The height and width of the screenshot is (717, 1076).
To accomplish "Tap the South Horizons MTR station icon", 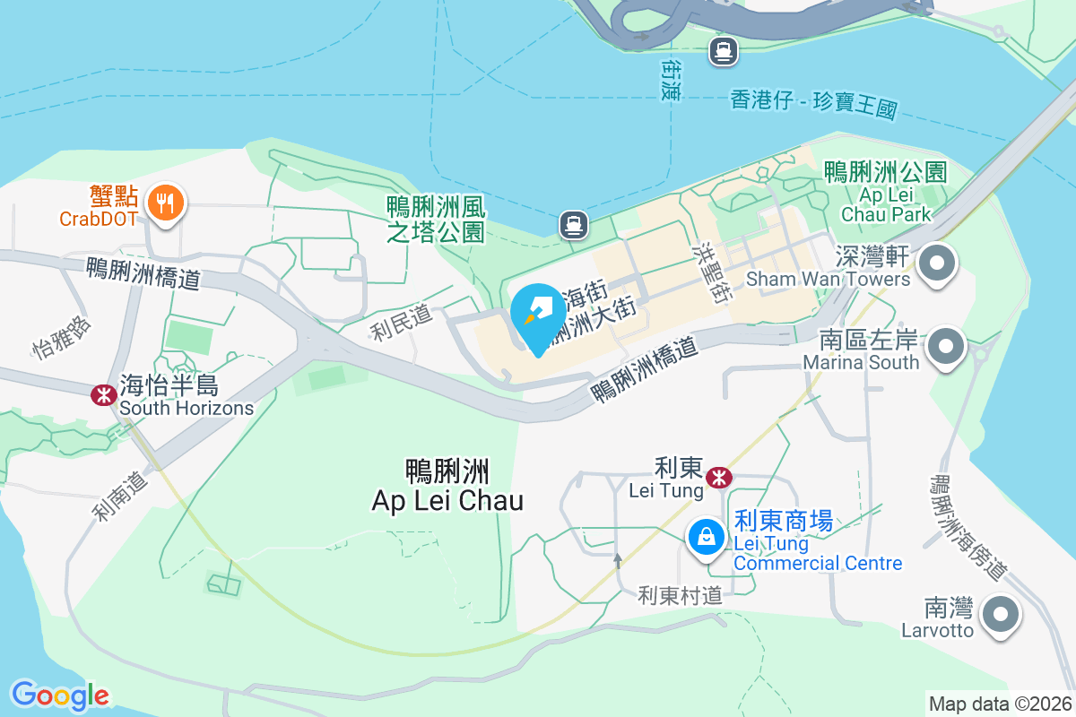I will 104,394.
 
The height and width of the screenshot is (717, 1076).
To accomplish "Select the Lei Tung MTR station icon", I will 718,478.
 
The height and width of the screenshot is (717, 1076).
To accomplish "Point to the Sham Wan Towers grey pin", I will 939,264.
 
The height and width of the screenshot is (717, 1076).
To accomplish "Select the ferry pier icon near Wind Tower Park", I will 574,225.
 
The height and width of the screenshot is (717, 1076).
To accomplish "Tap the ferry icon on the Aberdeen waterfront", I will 723,51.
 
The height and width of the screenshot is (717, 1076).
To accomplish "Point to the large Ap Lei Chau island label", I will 447,485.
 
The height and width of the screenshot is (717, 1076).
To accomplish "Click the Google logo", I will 60,695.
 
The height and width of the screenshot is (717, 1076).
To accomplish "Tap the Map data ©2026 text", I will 1000,704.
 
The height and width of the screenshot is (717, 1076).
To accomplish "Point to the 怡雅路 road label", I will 62,336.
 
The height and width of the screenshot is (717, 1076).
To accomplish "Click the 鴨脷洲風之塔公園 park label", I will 436,220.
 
